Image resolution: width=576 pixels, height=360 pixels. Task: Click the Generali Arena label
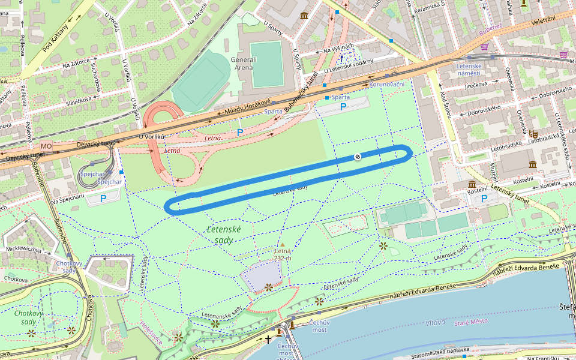tap(244, 64)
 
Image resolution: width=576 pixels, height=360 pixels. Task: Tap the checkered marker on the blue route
tap(358, 157)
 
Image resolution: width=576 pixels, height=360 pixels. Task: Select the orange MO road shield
tap(46, 146)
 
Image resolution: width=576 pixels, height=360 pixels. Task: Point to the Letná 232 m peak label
tap(283, 254)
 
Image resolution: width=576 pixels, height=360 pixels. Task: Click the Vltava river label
tap(436, 322)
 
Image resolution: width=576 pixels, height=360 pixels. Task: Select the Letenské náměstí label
tap(470, 69)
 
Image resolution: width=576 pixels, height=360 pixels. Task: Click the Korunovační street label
tap(387, 85)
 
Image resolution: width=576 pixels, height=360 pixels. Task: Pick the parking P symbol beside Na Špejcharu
tap(103, 198)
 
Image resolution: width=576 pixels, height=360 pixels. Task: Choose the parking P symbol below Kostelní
tap(484, 198)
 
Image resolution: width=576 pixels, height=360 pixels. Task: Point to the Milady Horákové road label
tap(248, 107)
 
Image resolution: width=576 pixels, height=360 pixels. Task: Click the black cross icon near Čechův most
tap(268, 340)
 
